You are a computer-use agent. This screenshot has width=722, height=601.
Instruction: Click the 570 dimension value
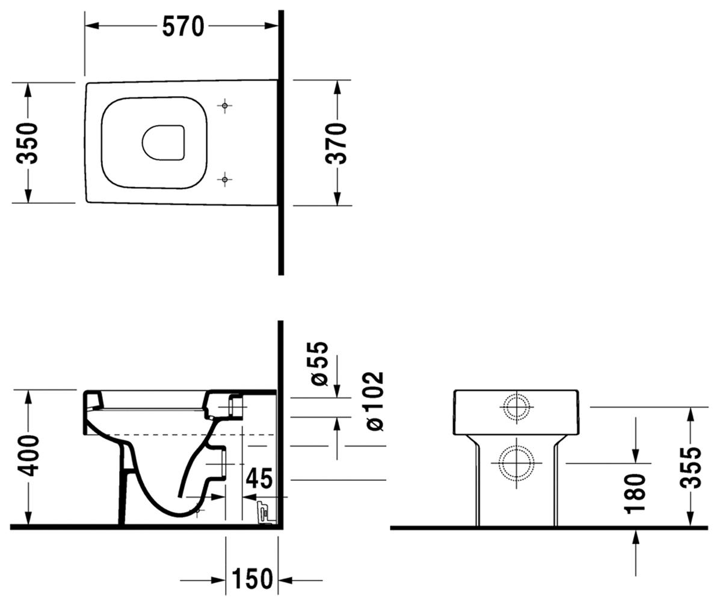coord(184,26)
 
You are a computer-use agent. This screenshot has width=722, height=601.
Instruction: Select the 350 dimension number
coord(27,143)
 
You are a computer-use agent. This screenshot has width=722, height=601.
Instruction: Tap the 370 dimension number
coord(336,143)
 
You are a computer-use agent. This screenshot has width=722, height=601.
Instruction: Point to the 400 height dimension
coord(28,456)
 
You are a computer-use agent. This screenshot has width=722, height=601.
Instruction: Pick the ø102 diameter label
coord(375,401)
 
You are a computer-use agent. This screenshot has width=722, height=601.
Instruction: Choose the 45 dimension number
coord(259,478)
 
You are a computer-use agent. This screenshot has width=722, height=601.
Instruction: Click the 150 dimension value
coord(252,579)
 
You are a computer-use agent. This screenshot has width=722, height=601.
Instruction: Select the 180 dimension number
coord(635,493)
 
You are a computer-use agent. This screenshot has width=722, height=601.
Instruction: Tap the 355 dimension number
coord(690,468)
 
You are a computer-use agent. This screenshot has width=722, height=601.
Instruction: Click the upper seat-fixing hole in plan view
coord(225,105)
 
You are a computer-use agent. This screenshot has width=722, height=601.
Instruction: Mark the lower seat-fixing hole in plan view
coord(225,179)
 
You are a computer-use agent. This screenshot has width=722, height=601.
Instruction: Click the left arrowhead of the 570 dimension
coord(93,26)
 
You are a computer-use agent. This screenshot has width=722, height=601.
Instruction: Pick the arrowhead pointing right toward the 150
coord(218,580)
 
